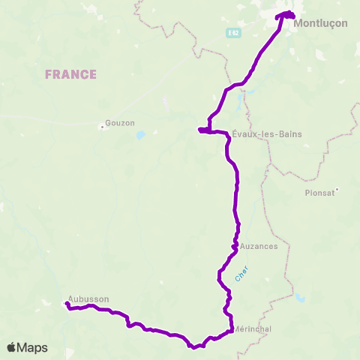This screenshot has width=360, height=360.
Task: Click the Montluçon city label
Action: [x=321, y=23]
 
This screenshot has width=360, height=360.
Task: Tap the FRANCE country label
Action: [x=70, y=74]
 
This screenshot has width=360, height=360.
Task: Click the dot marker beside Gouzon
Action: [x=101, y=126]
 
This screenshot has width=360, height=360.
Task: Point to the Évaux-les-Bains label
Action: [x=260, y=133]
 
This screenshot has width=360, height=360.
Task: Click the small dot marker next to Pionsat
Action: [x=338, y=190]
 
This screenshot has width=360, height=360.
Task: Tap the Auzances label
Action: [x=259, y=245]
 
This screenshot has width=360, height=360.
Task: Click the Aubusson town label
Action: [x=88, y=298]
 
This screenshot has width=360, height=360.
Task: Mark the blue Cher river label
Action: [x=241, y=275]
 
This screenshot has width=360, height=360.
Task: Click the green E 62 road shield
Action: [x=235, y=33]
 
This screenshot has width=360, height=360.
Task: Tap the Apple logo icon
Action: [x=11, y=347]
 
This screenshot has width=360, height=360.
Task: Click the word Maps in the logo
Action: [x=32, y=347]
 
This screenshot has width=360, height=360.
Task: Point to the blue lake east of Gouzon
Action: [x=140, y=136]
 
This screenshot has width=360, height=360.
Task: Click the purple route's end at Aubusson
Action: [x=67, y=304]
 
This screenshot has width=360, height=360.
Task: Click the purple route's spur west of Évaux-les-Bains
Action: [x=200, y=130]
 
